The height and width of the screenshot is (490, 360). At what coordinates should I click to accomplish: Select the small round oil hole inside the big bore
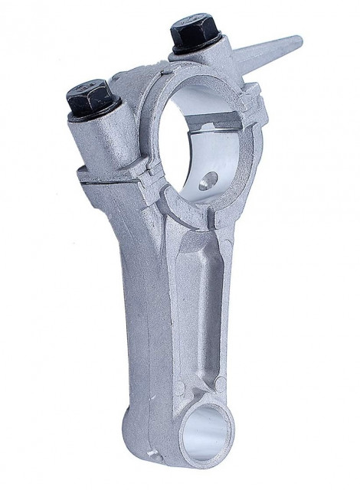pyautogui.click(x=205, y=185)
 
